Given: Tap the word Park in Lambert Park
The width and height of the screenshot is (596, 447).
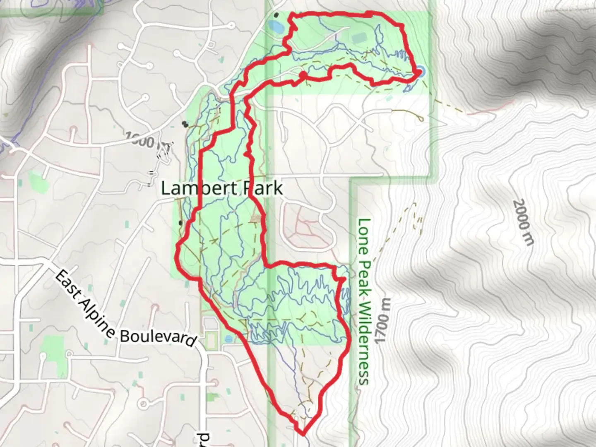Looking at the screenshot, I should tap(263, 188).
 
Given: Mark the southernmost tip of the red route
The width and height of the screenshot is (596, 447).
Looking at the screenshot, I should tap(303, 434).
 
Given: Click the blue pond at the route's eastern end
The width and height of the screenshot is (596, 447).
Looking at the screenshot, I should tap(421, 72).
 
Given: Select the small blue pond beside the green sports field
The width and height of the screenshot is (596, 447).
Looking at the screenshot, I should tap(229, 339).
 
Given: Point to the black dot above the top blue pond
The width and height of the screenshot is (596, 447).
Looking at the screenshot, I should tap(276, 15).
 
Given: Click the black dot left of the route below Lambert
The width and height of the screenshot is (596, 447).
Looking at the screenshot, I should tap(180, 223).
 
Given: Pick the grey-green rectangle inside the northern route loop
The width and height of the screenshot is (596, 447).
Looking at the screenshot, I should tap(359, 38).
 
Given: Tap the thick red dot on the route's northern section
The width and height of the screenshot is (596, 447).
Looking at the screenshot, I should tap(303, 75).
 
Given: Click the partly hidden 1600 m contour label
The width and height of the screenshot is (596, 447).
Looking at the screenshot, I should tap(143, 139).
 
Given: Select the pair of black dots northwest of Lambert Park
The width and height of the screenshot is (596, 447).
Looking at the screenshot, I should tap(185, 123).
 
